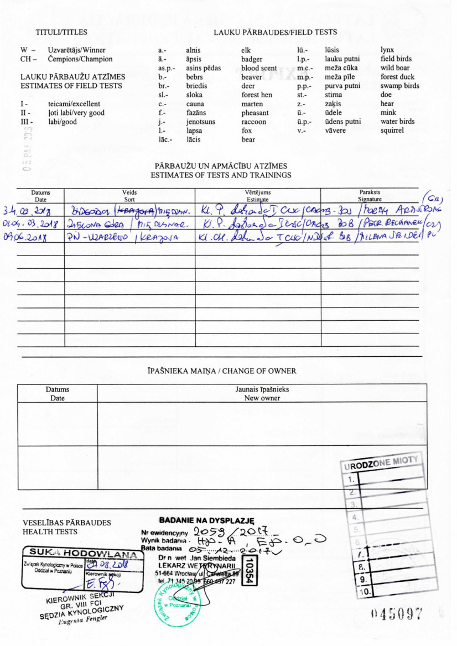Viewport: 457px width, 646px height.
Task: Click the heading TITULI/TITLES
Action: point(61,32)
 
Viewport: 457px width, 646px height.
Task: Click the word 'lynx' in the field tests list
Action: point(387,50)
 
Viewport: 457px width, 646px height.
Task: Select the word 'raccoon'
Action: point(254,122)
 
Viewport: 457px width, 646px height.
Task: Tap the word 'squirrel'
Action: point(392,131)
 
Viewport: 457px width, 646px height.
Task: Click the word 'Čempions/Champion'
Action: point(80,59)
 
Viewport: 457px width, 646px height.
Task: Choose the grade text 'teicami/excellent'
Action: point(74,104)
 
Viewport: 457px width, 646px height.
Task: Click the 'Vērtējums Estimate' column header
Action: point(258,195)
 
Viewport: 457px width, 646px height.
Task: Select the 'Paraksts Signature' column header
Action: point(370,195)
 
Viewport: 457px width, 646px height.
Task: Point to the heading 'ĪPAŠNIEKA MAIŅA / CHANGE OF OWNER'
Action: point(222,371)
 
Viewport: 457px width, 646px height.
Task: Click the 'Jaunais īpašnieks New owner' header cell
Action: point(262,393)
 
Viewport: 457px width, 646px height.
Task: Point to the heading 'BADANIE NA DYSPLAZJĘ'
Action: point(206,520)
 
